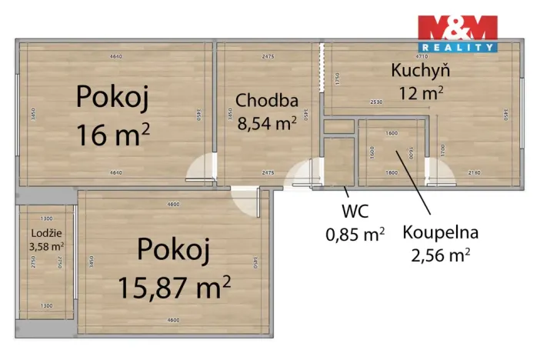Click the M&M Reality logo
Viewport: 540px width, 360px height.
pos(458,33)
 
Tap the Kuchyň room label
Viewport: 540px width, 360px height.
pos(420,72)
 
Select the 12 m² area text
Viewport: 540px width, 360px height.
pos(421,94)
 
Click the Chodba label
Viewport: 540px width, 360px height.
pos(266,100)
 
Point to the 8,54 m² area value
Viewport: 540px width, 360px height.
pos(267,122)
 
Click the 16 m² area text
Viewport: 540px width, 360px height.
pos(112,135)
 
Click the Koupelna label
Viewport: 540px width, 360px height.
pos(441,231)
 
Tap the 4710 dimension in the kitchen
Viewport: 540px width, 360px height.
pos(422,56)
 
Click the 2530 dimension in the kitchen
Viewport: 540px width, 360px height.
pos(375,102)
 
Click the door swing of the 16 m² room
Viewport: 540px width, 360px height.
pos(202,168)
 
